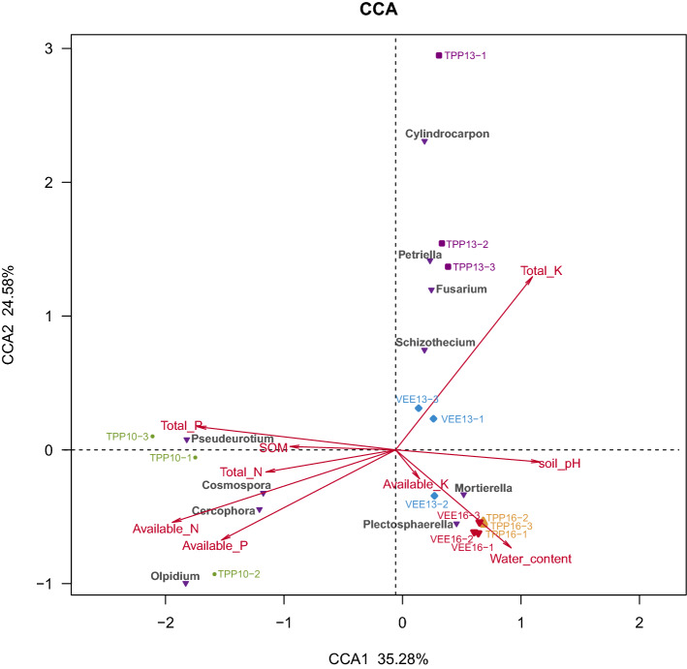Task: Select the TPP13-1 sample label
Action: [465, 56]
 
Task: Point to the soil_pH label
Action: [560, 464]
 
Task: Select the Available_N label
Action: [166, 529]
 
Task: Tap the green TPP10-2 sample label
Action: [238, 574]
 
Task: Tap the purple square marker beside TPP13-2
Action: [442, 244]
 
